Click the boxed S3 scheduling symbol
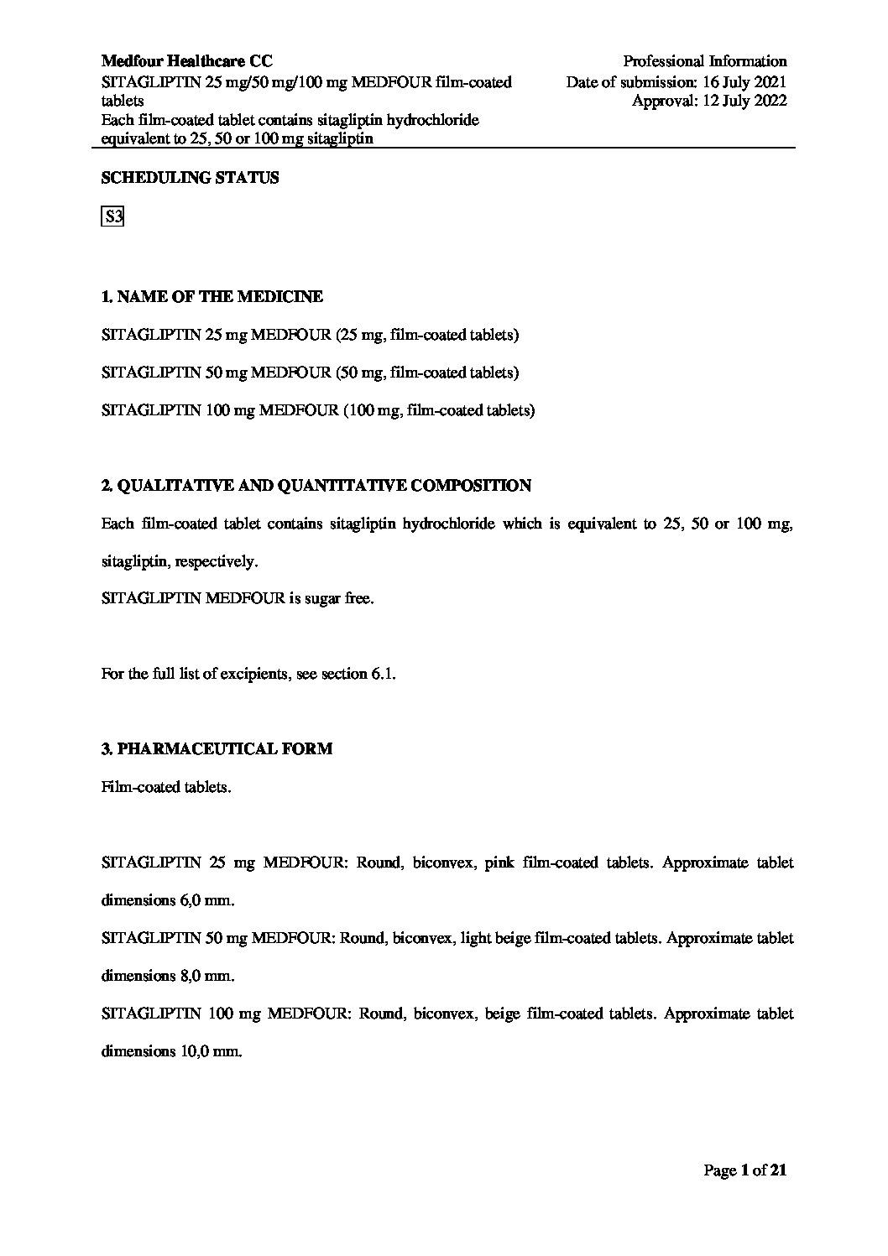112,217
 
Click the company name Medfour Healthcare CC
186,61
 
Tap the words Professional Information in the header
704,61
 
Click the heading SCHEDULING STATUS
190,178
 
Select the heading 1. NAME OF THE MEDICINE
212,297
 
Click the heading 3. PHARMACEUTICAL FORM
217,748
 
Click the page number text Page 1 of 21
744,1170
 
